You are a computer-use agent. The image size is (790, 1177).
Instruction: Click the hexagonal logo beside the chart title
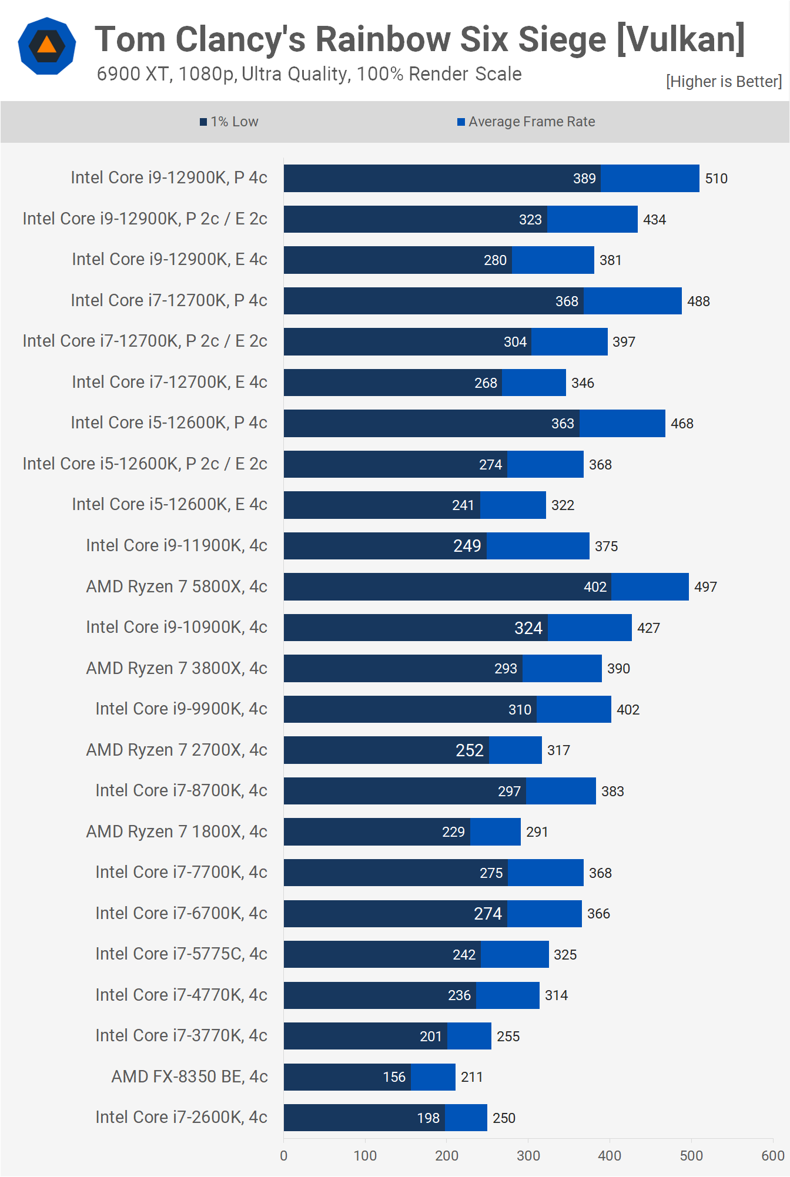[47, 46]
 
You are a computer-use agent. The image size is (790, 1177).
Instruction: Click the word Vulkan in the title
[682, 40]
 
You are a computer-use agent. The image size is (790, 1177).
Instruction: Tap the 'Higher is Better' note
[724, 82]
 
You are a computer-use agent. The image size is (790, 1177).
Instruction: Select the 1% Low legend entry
[229, 122]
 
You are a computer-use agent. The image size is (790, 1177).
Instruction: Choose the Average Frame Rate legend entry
[526, 122]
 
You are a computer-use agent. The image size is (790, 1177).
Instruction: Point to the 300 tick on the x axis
[528, 1156]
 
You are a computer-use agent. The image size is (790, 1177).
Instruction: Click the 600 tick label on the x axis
[772, 1156]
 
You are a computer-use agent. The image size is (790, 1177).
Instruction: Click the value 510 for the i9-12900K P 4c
[716, 179]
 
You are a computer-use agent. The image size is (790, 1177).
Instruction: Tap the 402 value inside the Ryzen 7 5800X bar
[595, 587]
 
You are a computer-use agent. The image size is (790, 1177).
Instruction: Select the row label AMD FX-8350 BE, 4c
[189, 1077]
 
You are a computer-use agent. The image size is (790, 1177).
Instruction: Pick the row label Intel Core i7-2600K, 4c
[181, 1117]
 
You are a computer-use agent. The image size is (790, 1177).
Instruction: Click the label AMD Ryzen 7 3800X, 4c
[176, 668]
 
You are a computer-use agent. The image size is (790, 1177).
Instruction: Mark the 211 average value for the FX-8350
[471, 1077]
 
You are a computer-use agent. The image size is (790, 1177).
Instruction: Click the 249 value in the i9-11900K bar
[467, 546]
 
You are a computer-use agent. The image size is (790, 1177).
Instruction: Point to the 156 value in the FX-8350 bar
[394, 1077]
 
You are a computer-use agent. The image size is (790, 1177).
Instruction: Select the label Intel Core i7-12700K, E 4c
[169, 382]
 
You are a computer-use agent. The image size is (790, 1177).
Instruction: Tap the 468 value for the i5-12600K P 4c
[682, 424]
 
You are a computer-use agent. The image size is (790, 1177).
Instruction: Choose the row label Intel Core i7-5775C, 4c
[181, 954]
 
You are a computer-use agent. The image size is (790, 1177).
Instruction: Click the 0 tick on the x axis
[284, 1156]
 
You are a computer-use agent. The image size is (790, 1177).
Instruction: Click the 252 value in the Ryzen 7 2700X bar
[469, 750]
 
